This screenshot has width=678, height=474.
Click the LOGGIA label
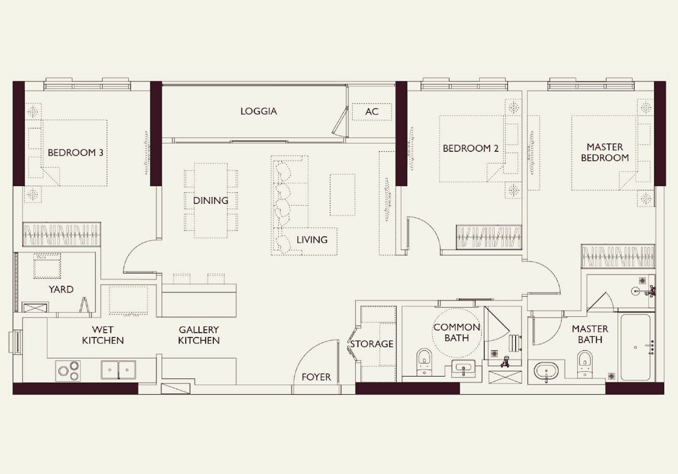coord(258,111)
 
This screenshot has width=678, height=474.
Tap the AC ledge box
coord(372,112)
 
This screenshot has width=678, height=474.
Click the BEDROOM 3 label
coord(75,152)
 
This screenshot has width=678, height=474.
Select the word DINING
coord(211,200)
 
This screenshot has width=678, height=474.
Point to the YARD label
coord(61,289)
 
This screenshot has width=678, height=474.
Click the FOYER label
coord(316,377)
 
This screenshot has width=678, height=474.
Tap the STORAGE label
coord(371,344)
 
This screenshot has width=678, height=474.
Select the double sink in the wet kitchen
coord(118,370)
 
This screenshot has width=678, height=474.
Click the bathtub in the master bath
coord(635,347)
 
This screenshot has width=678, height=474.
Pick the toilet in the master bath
coord(585,364)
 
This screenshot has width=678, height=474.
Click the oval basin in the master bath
coord(546,371)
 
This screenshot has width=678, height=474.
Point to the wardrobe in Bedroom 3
coord(61,235)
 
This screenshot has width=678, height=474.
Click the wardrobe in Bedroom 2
coord(489,237)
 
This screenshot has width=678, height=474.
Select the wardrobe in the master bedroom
coord(618,256)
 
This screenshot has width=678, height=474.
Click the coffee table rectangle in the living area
coord(342,195)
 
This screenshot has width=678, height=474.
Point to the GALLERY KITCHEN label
coord(199,335)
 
